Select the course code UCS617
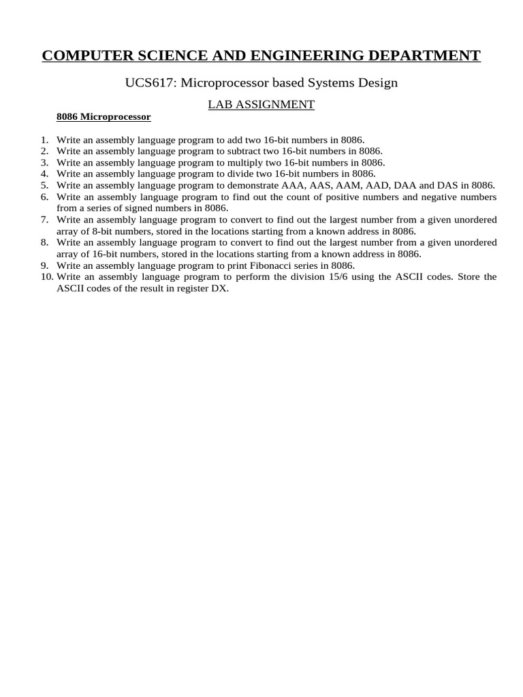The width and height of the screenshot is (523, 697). [x=146, y=82]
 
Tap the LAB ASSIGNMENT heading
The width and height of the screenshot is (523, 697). [x=261, y=104]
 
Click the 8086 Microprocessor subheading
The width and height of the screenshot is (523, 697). [x=104, y=116]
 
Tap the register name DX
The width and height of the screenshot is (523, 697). [x=221, y=288]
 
